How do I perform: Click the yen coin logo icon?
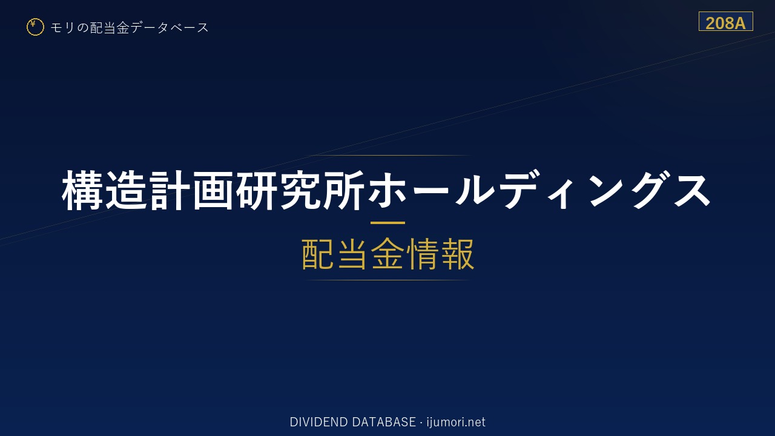point(35,27)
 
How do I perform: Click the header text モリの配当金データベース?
point(130,28)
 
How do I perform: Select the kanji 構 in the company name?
point(82,190)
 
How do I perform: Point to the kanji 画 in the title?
point(213,190)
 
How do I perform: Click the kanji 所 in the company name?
point(343,190)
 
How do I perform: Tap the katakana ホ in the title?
point(387,190)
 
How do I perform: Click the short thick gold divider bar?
point(387,223)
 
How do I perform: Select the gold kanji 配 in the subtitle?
point(318,254)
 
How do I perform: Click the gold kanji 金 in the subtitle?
point(387,254)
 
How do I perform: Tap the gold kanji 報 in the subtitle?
point(457,254)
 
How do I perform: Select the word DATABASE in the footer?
point(384,422)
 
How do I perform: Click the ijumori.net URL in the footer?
point(456,422)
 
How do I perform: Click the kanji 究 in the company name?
point(299,190)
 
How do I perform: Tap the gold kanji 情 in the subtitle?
point(423,254)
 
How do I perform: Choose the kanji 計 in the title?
point(169,190)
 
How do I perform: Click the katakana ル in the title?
point(474,190)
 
